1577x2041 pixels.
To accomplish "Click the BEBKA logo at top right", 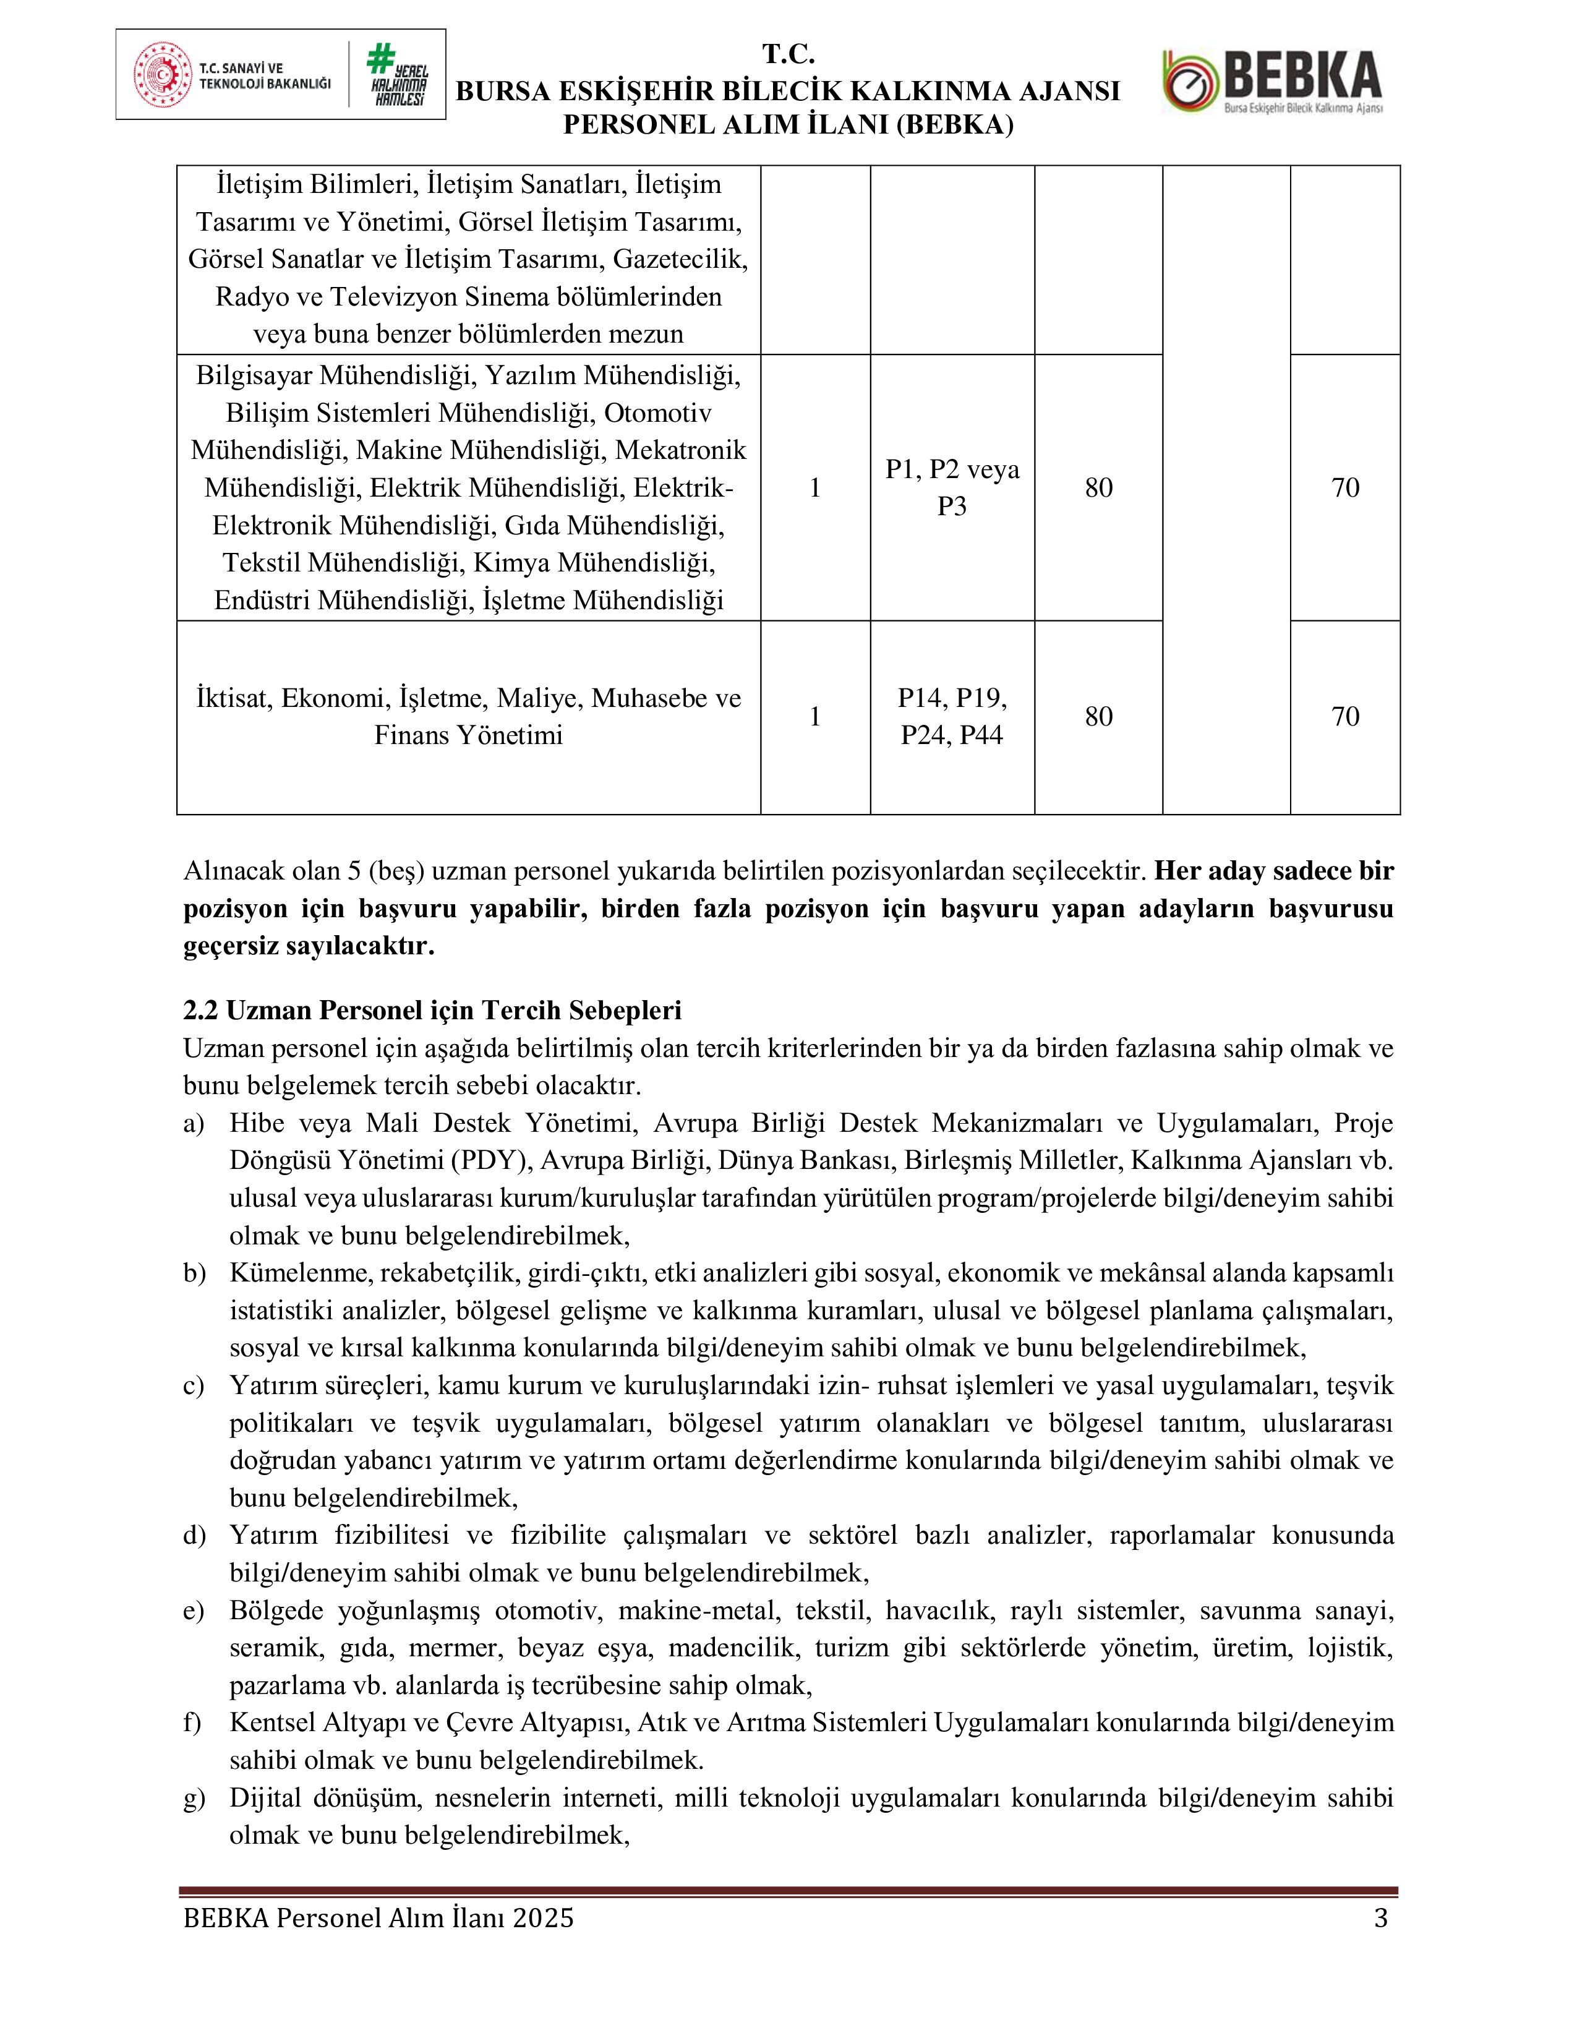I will click(1273, 81).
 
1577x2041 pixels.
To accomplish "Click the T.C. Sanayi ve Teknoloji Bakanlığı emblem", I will click(163, 75).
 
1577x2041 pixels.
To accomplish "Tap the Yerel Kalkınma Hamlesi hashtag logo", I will click(396, 75).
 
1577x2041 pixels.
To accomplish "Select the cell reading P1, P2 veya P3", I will click(952, 487).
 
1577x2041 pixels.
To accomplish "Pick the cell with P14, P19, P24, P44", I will click(952, 717).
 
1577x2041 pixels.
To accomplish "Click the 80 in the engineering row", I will click(1099, 487).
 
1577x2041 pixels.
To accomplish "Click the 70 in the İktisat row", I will click(1344, 717).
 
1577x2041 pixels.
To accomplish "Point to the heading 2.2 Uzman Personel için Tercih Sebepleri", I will click(432, 1010).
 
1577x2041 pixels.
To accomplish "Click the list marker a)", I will click(194, 1123).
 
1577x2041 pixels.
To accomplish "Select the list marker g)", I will click(194, 1798).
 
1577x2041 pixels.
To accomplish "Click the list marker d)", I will click(194, 1536).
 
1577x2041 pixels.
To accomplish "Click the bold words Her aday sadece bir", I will click(1275, 871).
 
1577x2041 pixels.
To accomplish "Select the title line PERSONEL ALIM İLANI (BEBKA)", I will click(787, 125).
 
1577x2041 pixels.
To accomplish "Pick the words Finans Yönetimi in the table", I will click(468, 735).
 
